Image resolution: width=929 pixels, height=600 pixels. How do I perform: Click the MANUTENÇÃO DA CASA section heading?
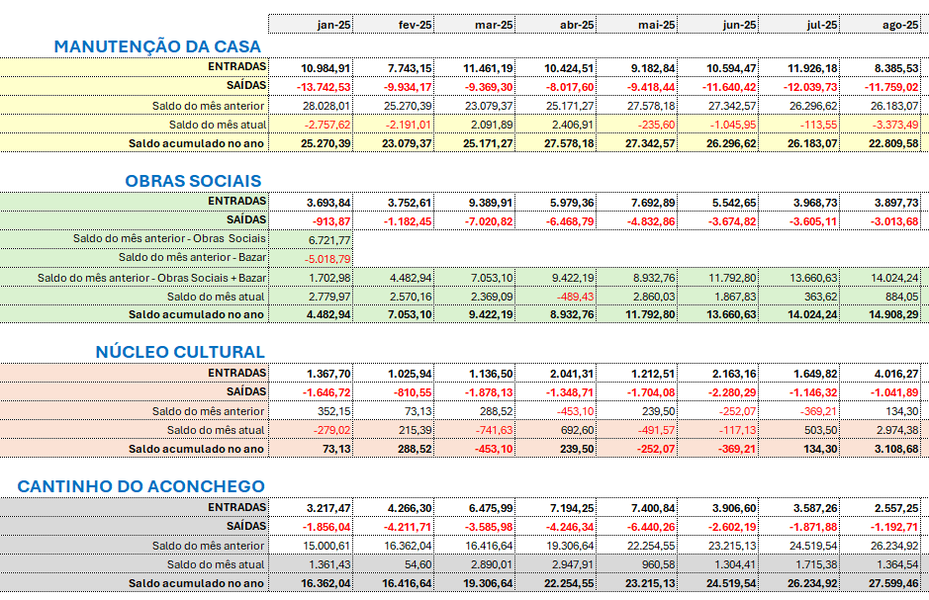157,46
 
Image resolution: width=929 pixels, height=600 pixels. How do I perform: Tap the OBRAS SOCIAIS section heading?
193,181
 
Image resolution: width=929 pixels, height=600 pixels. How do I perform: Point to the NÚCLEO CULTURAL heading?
180,352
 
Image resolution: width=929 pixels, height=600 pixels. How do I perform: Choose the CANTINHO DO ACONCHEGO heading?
141,486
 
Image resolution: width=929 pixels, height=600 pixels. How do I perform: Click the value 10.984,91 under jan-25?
325,67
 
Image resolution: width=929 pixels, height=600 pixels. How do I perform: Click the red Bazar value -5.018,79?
325,258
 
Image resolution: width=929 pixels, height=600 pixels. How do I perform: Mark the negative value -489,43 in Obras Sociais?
575,297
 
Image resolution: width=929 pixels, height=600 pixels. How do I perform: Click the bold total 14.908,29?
892,315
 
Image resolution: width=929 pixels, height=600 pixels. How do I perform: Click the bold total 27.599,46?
892,583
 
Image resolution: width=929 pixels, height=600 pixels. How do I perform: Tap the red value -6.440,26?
650,526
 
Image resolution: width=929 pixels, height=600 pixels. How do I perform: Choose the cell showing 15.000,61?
326,546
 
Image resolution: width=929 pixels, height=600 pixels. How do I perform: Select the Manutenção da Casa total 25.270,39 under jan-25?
325,143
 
